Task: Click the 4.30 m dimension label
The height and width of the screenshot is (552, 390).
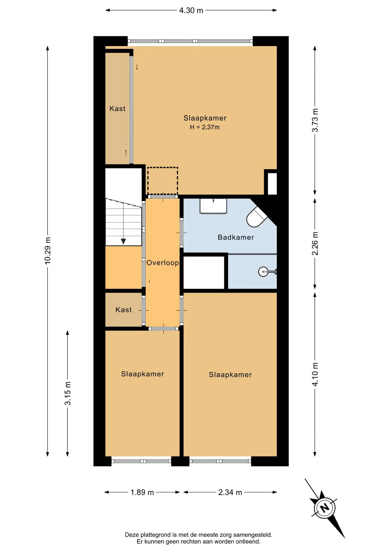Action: click(x=191, y=10)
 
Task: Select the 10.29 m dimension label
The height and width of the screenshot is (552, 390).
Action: click(x=48, y=251)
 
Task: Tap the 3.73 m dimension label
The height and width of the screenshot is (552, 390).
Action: click(x=315, y=120)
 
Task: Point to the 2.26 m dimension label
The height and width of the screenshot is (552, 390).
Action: click(x=315, y=244)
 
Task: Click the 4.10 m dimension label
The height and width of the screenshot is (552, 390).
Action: click(x=315, y=374)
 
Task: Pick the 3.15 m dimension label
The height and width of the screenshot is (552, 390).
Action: click(x=67, y=393)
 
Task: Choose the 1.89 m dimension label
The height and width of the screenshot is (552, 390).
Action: click(x=142, y=492)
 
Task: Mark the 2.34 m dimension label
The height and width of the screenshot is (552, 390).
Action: click(x=230, y=492)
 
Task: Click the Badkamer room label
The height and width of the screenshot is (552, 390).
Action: click(x=236, y=237)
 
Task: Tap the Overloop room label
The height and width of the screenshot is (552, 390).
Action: click(x=163, y=263)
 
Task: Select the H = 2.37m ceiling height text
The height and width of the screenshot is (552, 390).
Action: click(x=205, y=127)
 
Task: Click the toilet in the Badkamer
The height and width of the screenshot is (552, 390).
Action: click(x=257, y=217)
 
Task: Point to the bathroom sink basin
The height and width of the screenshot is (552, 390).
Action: click(x=213, y=206)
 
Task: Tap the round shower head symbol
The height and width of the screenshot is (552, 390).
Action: click(x=263, y=271)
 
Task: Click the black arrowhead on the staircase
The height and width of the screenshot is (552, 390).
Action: click(x=123, y=241)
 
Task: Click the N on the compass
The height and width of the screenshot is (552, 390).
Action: click(x=325, y=508)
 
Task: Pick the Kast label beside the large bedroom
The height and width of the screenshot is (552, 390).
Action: click(x=117, y=109)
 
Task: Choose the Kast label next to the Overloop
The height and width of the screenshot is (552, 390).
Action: click(x=123, y=310)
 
